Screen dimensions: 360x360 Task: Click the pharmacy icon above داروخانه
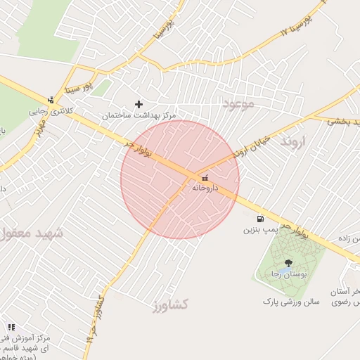click(x=205, y=179)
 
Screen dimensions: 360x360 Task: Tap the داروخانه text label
click(x=205, y=188)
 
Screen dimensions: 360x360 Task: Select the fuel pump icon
click(x=261, y=219)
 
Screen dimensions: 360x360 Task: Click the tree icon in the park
click(x=288, y=263)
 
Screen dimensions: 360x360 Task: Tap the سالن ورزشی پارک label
click(x=291, y=301)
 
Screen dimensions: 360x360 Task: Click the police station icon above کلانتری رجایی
click(x=51, y=100)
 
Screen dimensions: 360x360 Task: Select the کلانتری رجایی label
click(x=51, y=111)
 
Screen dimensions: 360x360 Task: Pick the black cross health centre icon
click(x=139, y=104)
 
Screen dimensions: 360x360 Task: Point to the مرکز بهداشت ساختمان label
click(x=139, y=115)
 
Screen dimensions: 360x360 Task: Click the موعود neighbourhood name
click(x=236, y=103)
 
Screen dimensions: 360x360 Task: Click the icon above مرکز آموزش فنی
click(x=11, y=327)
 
